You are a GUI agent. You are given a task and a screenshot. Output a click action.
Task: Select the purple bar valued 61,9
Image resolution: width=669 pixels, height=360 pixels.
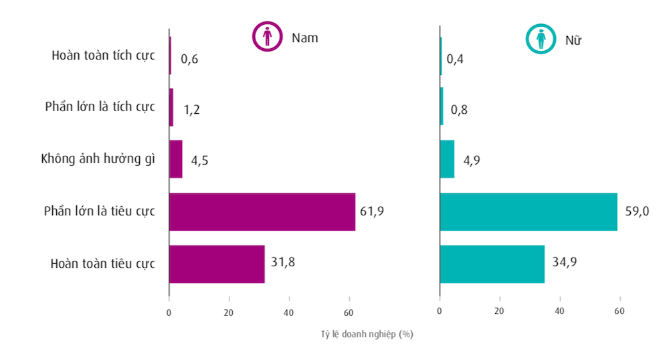(262, 211)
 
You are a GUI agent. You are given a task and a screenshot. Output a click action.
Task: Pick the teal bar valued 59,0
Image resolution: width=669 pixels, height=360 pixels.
(529, 211)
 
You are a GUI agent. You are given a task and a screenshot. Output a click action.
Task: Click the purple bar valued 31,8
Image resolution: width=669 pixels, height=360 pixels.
(217, 264)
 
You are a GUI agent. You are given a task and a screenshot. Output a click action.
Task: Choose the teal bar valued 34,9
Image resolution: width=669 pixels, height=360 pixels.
(492, 264)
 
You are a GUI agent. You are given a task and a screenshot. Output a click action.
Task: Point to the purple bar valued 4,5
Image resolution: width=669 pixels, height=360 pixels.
(176, 159)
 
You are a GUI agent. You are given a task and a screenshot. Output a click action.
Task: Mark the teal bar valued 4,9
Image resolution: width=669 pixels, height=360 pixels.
(447, 159)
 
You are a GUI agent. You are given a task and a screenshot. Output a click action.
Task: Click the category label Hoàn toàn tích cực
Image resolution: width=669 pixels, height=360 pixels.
(103, 55)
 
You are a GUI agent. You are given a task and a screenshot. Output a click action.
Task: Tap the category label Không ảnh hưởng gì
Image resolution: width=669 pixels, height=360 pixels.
(98, 159)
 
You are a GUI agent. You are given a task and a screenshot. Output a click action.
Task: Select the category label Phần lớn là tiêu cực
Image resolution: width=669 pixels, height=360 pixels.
(99, 211)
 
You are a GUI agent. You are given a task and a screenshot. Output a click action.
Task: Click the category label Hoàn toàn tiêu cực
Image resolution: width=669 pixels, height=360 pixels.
(102, 264)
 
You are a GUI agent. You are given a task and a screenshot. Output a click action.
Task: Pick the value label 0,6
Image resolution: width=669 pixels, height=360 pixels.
(189, 60)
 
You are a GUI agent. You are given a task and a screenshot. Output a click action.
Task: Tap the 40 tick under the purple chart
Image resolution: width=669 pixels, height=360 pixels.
(289, 311)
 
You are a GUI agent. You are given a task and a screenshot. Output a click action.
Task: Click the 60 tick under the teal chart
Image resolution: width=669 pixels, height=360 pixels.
(619, 311)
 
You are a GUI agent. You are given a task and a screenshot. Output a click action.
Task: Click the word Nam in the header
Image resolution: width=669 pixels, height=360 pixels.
(304, 37)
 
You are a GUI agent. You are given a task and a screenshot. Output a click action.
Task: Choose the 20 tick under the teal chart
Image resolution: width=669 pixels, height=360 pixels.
(499, 311)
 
